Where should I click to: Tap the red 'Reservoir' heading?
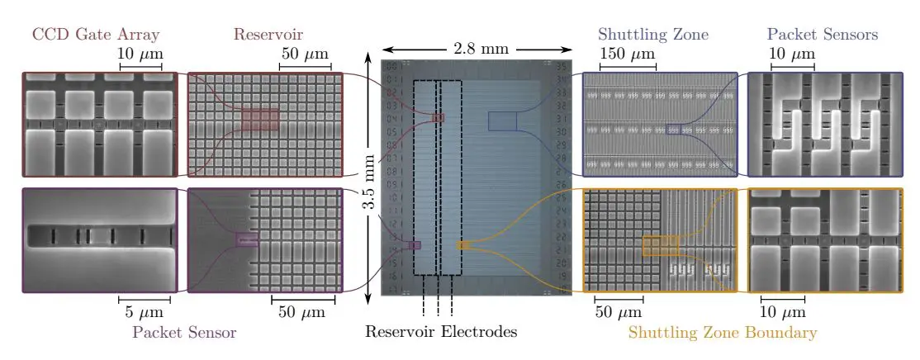click(x=268, y=35)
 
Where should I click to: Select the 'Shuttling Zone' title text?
click(x=652, y=35)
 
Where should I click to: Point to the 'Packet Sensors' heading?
click(x=822, y=35)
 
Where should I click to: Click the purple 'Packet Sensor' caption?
click(x=184, y=333)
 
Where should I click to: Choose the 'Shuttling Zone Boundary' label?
click(x=723, y=333)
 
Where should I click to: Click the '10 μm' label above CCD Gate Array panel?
click(x=141, y=54)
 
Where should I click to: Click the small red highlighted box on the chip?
click(x=438, y=118)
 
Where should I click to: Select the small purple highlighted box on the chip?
click(x=415, y=245)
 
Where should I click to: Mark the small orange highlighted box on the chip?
click(x=463, y=245)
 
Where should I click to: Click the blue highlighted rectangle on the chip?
click(x=501, y=121)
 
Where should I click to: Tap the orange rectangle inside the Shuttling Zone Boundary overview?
click(x=660, y=245)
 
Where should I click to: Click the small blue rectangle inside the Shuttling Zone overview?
click(x=675, y=128)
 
